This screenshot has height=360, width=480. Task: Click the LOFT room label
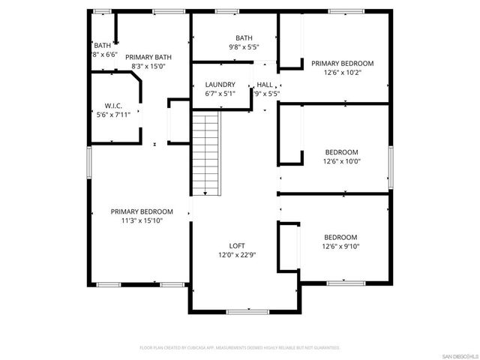coord(236,246)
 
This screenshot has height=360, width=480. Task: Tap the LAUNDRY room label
coord(220,85)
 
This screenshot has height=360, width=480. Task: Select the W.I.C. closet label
coord(113,106)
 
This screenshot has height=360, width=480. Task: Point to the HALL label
coord(265,85)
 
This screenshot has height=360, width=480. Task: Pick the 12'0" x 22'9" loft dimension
coord(236,255)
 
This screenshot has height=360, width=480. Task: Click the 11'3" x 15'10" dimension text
coord(142,220)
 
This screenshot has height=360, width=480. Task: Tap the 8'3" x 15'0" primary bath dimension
coord(148,66)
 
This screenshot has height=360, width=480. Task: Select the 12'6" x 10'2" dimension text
coord(342,73)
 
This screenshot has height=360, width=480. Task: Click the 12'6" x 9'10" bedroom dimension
coord(341,246)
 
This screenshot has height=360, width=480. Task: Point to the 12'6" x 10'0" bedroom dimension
coord(341,160)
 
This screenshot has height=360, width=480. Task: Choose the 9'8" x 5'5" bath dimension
coord(244,47)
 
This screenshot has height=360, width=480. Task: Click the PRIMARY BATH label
coord(148,57)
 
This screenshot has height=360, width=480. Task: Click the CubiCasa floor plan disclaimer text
coord(240,348)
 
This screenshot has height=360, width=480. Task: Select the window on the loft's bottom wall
coord(243,310)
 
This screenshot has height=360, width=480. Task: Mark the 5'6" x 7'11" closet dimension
coord(113,115)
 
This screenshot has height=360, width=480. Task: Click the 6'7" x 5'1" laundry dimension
coord(220,94)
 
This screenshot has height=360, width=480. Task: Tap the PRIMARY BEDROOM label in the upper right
coord(342,64)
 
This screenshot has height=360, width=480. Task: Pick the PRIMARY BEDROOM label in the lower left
coord(142,211)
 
